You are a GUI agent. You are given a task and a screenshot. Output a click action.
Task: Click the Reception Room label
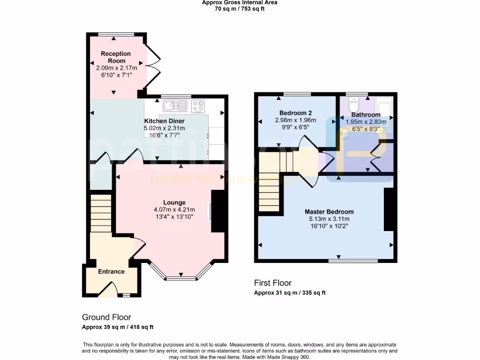click(116, 57)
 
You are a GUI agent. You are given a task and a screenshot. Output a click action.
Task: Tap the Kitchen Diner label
click(164, 121)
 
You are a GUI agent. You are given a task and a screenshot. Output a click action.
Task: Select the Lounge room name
click(174, 202)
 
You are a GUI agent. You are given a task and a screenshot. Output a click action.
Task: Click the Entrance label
click(111, 271)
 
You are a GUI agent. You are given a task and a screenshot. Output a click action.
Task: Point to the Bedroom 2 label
click(295, 112)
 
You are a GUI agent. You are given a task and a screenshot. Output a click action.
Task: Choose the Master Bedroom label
click(329, 211)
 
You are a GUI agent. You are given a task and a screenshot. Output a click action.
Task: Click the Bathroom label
click(366, 115)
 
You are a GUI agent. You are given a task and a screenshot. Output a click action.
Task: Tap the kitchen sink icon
click(175, 106)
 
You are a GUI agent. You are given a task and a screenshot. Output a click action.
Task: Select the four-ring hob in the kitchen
click(198, 106)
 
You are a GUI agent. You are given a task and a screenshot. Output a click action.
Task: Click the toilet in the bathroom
click(354, 102)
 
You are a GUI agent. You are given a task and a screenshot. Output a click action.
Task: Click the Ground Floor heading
click(106, 317)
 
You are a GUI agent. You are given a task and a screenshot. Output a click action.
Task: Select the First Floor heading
click(273, 283)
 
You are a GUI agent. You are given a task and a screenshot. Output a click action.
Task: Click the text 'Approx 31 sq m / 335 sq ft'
click(290, 292)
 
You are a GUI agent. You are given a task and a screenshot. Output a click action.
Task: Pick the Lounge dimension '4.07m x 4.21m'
click(174, 210)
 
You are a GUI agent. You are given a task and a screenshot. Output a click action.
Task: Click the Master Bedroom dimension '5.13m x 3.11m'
click(329, 218)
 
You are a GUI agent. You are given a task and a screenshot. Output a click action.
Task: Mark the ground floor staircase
click(101, 213)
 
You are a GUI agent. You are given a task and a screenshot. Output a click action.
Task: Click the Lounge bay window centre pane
click(181, 278)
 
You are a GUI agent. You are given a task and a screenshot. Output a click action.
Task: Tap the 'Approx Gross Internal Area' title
click(240, 2)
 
